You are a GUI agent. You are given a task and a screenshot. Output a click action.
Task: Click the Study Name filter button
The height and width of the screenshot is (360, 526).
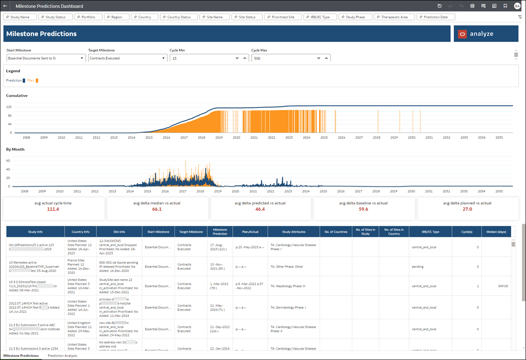[x=20, y=17]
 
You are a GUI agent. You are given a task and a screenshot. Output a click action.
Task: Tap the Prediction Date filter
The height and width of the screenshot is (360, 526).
[x=435, y=17]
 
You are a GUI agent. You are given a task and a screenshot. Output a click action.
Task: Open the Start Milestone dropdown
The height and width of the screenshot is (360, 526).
[x=46, y=58]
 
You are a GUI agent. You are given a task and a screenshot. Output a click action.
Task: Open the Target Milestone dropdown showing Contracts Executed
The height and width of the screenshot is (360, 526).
[x=127, y=58]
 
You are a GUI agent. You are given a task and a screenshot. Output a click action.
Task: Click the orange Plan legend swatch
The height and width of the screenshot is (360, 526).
[x=37, y=80]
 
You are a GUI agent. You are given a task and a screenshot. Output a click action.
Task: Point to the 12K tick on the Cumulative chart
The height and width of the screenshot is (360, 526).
[x=9, y=107]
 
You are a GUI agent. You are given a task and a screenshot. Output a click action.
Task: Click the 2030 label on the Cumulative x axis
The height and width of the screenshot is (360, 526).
[x=411, y=137]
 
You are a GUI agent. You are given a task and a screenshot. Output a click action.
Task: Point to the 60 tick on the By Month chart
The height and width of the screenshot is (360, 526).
[x=7, y=160]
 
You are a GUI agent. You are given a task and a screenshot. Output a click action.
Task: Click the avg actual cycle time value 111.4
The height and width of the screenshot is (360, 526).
[x=53, y=209]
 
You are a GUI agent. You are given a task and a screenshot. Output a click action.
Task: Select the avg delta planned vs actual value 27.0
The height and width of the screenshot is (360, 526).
[x=467, y=209]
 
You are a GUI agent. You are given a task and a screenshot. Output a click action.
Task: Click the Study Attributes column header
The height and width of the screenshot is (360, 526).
[x=294, y=232]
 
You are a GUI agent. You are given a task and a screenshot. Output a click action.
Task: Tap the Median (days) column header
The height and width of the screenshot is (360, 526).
[x=496, y=232]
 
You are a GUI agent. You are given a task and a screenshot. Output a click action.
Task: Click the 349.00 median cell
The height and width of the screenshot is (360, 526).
[x=502, y=286]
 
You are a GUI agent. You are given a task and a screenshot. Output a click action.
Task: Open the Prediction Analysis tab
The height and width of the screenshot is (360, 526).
[x=62, y=356]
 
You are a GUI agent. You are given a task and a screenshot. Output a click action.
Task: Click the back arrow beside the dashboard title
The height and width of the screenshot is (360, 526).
[x=5, y=6]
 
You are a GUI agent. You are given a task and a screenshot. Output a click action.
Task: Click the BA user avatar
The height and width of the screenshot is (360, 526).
[x=517, y=6]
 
